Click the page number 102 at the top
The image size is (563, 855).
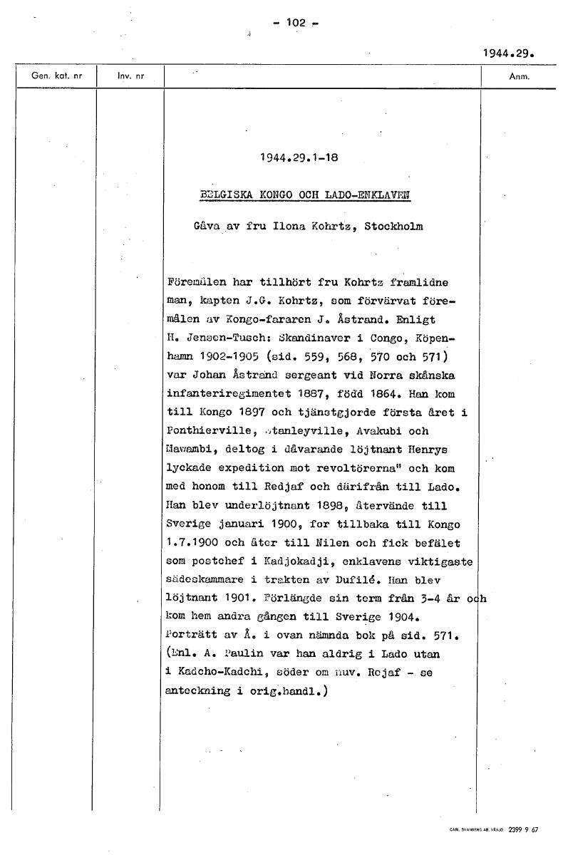pos(295,22)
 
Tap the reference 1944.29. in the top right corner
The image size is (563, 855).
pos(508,53)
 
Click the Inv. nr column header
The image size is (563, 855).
pos(130,76)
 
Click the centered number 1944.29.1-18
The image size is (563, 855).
pos(299,158)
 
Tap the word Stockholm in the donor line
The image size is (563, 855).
pos(393,227)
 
